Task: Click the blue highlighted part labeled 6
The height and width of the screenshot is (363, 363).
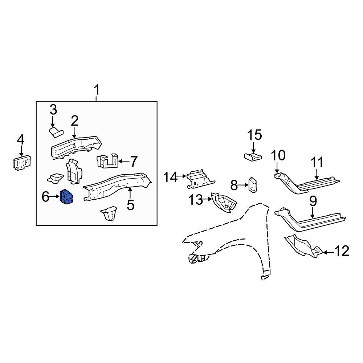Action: click(x=66, y=197)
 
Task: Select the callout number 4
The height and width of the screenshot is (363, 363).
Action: click(x=21, y=139)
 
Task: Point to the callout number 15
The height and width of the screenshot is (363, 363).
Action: click(x=254, y=135)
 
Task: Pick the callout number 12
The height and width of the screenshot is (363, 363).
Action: click(x=342, y=251)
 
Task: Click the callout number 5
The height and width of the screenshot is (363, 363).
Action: click(x=131, y=205)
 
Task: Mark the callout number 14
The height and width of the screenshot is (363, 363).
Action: click(x=170, y=178)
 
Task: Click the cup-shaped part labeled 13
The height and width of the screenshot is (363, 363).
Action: click(x=224, y=203)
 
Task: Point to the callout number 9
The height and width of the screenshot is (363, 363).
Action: click(x=313, y=201)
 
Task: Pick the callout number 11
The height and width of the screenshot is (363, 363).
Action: click(x=317, y=162)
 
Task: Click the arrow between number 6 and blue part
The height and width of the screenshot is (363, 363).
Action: click(x=55, y=197)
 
